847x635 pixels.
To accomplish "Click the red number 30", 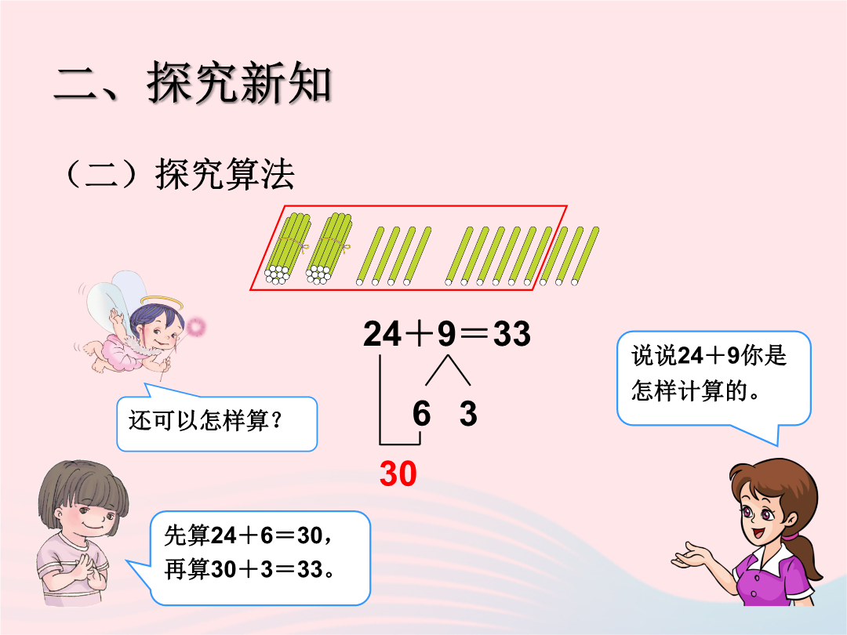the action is pos(398,474).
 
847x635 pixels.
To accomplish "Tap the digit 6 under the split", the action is pos(421,414).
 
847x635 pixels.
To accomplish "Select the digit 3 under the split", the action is pos(468,414).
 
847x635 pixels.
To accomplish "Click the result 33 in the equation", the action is pos(511,334).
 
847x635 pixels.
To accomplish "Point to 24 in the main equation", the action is pos(383,334).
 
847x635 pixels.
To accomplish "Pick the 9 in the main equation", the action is pos(447,334).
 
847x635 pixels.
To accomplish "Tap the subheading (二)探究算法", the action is pos(180,174).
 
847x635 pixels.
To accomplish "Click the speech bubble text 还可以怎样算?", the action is pos(205,420).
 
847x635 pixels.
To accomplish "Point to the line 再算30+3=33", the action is pos(249,569).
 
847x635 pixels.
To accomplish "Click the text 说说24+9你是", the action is pos(709,355).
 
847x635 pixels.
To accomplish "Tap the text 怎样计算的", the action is pos(696,390).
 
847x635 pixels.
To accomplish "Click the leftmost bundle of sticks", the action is pos(287,249).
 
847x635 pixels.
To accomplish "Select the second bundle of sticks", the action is pos(329,249).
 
